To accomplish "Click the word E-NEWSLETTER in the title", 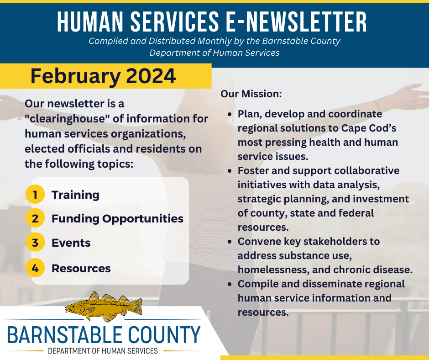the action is point(296,22).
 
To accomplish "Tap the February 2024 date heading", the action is point(103,76).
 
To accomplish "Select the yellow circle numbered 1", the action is point(35,194).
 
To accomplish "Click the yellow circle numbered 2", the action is point(35,218).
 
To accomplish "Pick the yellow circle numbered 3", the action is point(35,243).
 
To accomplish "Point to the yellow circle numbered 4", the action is point(35,268).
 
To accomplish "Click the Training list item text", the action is point(75,195).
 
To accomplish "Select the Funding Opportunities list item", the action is point(117,219).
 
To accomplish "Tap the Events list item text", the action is point(71,243).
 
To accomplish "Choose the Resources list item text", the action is point(81,269).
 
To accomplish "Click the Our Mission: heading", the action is point(251,94).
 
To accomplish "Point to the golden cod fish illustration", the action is point(104,307).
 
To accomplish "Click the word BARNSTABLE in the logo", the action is point(64,334).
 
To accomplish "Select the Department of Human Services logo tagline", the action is point(103,351).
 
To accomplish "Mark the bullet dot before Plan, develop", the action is point(230,114).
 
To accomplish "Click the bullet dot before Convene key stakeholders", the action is point(230,242).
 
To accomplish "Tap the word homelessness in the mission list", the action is point(273,270).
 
